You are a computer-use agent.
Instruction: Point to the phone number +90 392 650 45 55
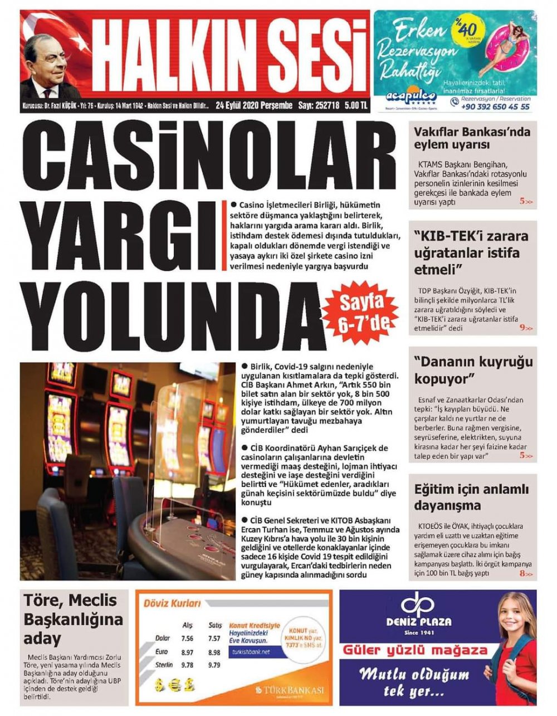coord(495,106)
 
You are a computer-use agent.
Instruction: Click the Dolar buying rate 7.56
coord(187,639)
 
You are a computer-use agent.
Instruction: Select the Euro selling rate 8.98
coord(213,652)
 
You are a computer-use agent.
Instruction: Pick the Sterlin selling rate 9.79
coord(213,665)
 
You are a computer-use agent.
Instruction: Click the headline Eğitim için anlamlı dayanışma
coord(471,498)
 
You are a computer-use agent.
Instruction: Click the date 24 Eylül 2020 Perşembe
coord(254,105)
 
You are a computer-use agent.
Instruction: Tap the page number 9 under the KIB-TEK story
coord(523,328)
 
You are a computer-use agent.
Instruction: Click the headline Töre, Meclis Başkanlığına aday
coord(72,618)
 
